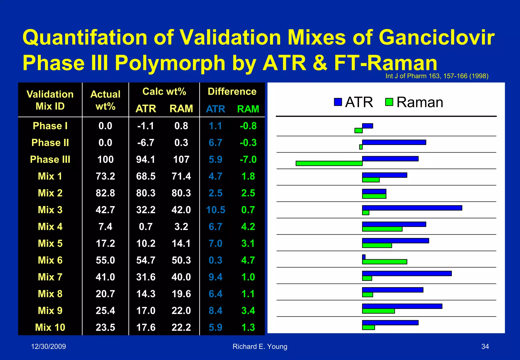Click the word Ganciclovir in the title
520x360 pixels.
(x=436, y=38)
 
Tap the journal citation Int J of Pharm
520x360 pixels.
(x=437, y=76)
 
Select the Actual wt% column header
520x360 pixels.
(x=105, y=100)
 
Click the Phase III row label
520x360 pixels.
(x=50, y=159)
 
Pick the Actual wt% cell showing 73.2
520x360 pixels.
(x=105, y=176)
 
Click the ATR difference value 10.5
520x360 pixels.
(x=216, y=210)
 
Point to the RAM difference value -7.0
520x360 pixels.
(x=248, y=159)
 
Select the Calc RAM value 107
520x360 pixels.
(x=181, y=159)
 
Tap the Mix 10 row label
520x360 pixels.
(x=50, y=327)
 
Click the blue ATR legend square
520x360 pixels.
(x=338, y=102)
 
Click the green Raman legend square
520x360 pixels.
(x=389, y=102)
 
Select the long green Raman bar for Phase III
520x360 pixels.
(x=329, y=163)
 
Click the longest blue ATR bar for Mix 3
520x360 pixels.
(x=412, y=208)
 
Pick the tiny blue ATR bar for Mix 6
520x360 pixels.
(x=364, y=257)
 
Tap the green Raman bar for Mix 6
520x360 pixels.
(x=384, y=262)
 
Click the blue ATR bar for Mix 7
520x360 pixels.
(x=407, y=273)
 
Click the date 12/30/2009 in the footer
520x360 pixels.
(x=48, y=347)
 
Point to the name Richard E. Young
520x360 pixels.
(x=260, y=347)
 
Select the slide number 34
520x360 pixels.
(x=485, y=347)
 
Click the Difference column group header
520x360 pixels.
(x=232, y=91)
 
